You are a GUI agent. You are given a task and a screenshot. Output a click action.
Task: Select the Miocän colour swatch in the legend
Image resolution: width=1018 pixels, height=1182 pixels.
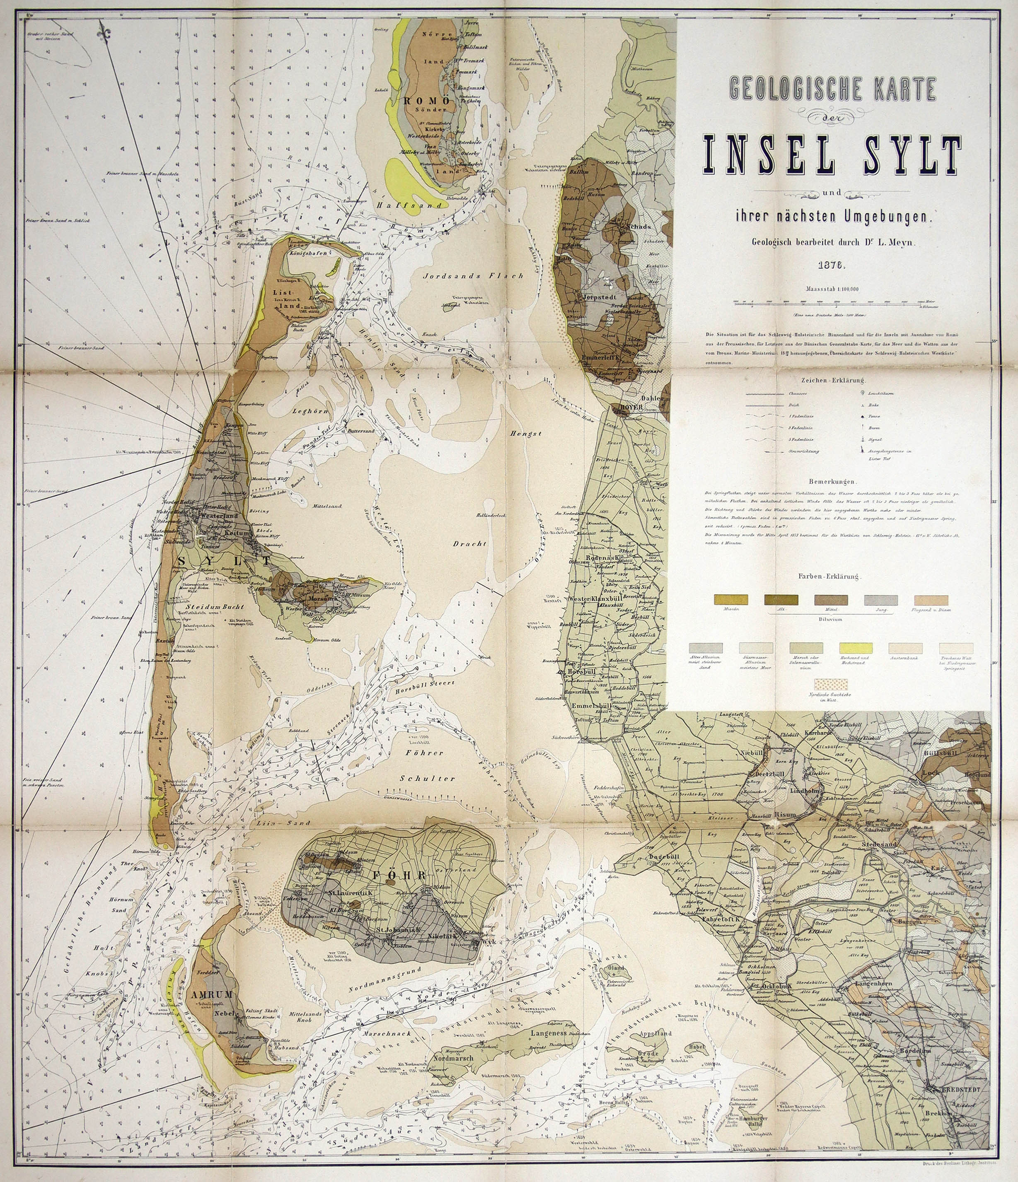click(731, 600)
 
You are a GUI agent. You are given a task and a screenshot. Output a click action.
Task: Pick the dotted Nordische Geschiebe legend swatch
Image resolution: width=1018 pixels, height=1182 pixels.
click(832, 685)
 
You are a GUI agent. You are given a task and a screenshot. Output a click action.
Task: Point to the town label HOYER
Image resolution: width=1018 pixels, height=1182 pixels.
click(628, 407)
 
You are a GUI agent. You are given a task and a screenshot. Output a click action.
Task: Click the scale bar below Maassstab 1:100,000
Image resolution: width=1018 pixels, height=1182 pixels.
click(827, 305)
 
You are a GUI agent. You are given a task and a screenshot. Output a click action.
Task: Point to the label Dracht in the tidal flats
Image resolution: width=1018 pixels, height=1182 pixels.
click(469, 544)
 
